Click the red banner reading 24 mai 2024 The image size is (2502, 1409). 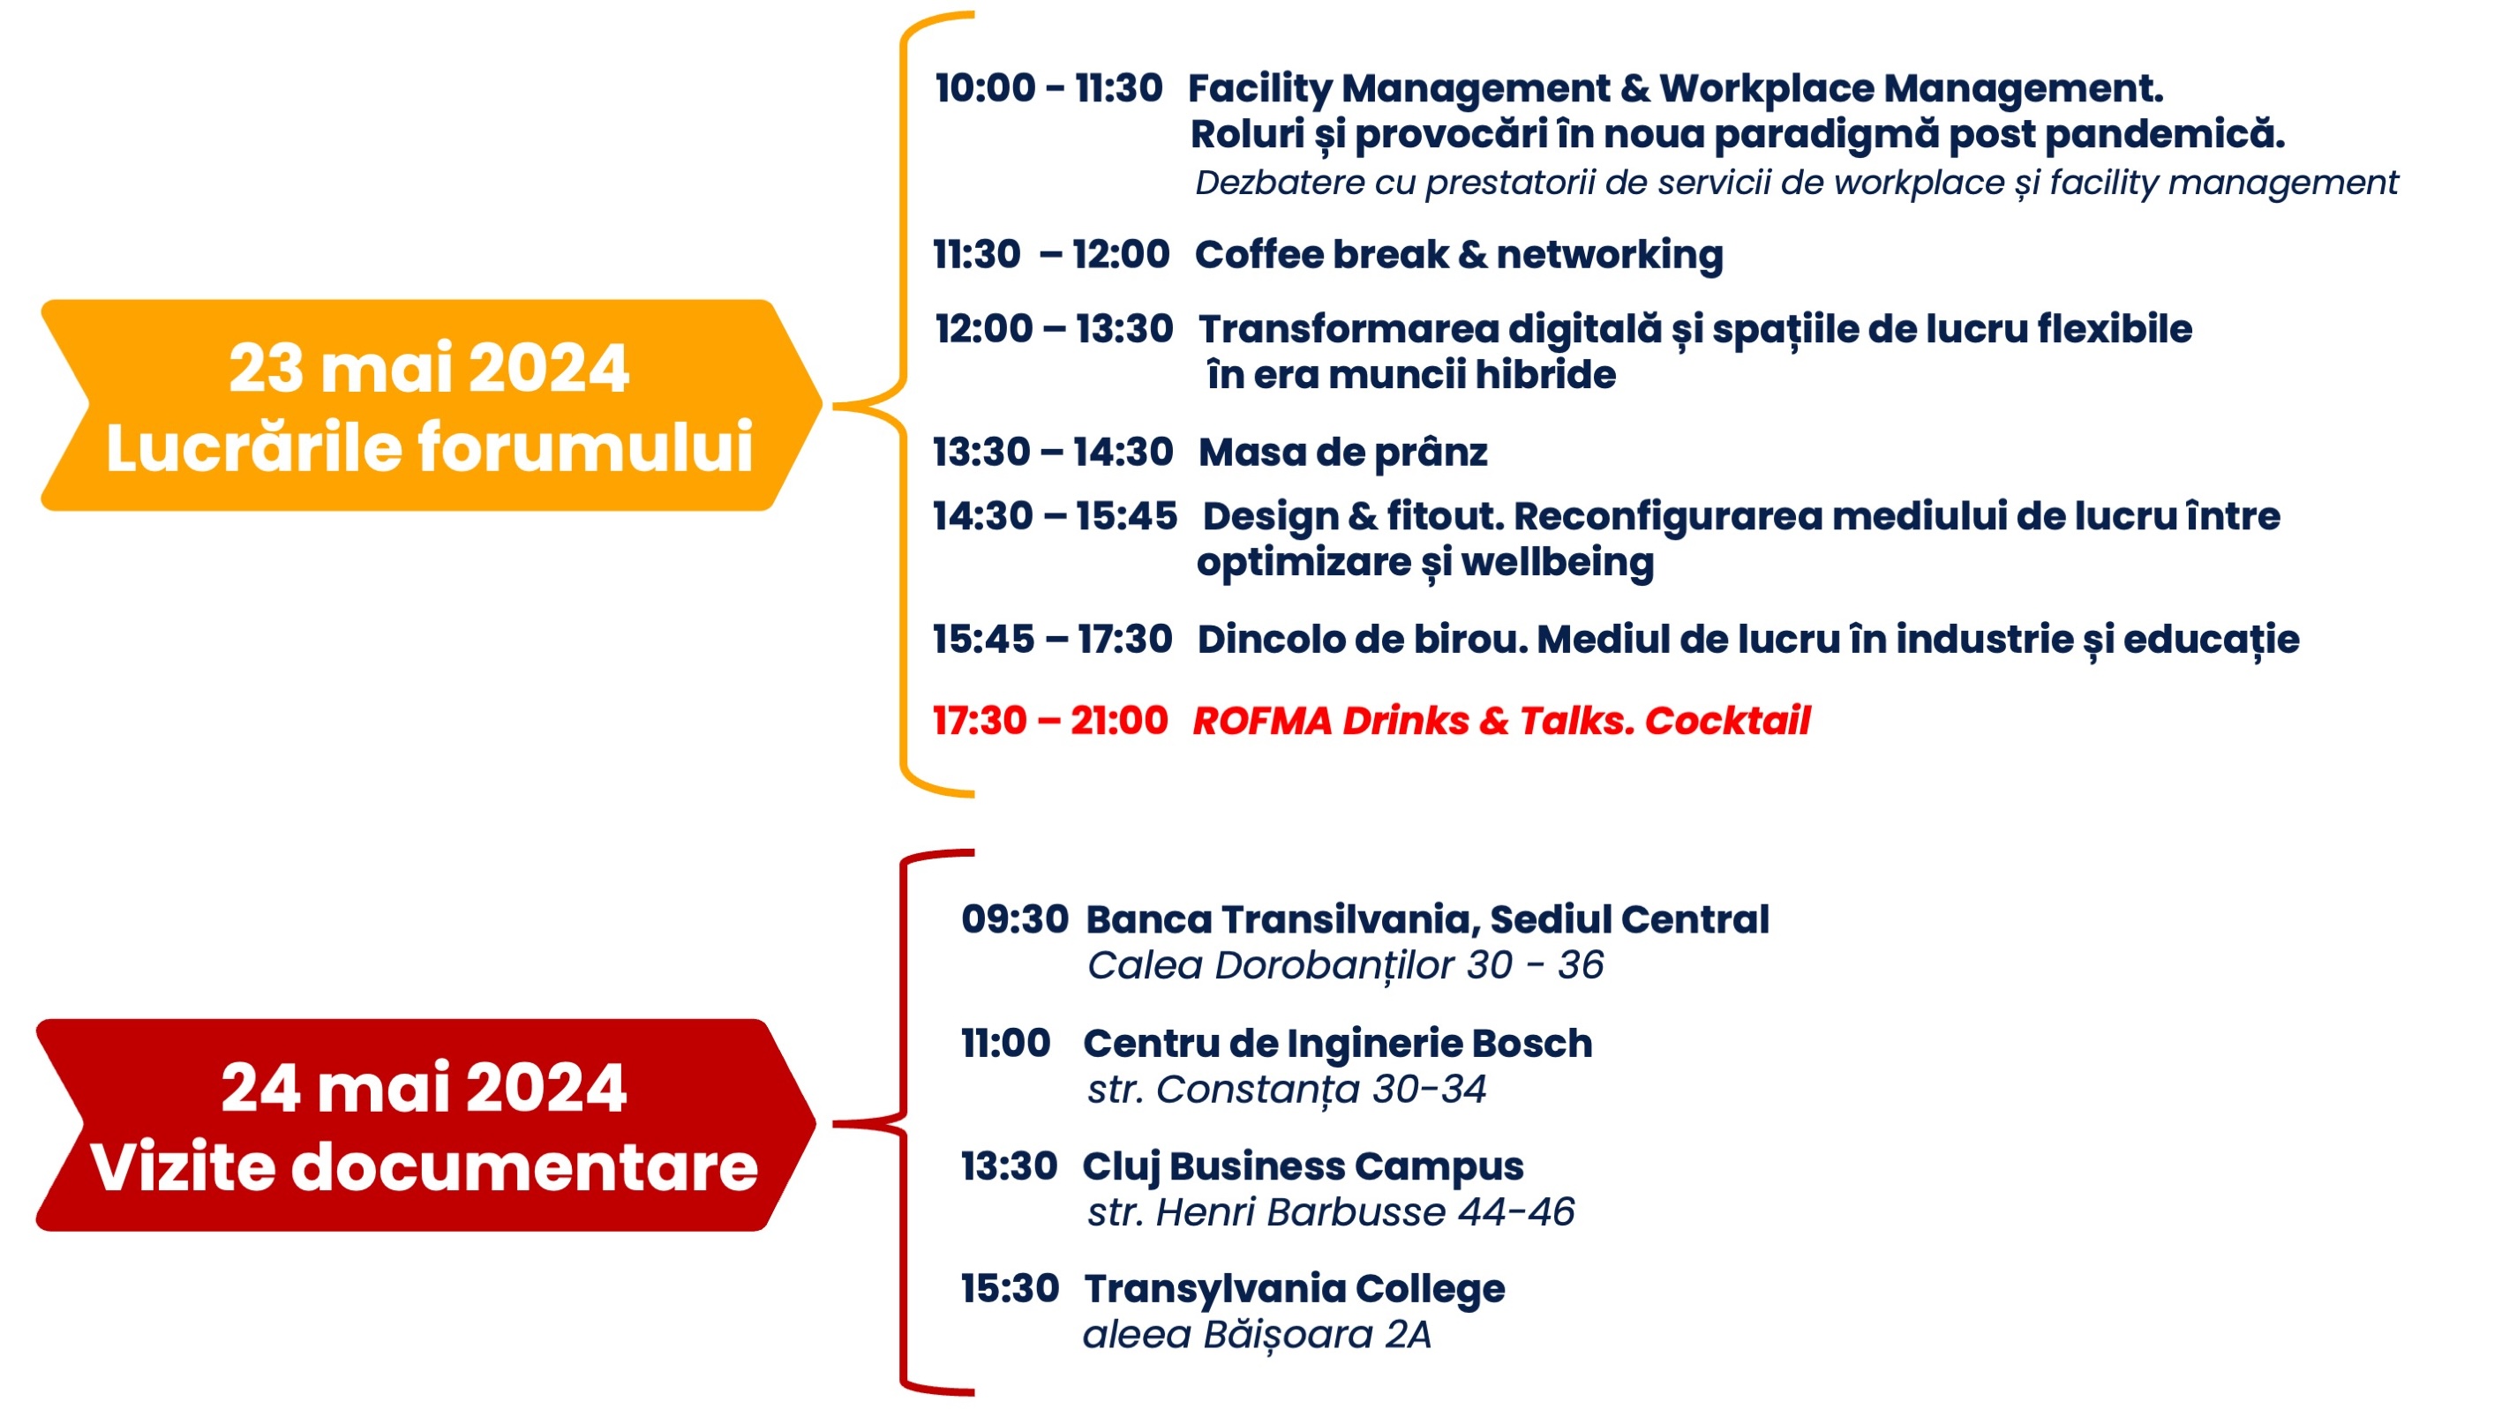[425, 1126]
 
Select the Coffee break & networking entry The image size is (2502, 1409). [1459, 255]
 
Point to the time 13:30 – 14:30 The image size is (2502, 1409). [1053, 453]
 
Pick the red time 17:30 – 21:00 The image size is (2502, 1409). [1050, 721]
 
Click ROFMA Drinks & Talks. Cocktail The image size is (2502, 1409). [1500, 721]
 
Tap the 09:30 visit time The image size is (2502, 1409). [1014, 918]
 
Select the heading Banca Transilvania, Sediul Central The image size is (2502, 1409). [1427, 919]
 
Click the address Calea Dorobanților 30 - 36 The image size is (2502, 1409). [1344, 965]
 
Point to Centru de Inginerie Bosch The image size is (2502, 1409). [1337, 1044]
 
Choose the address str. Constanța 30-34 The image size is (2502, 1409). [1286, 1090]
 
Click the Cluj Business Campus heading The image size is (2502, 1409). [1303, 1167]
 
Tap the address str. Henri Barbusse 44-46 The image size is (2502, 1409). [1331, 1212]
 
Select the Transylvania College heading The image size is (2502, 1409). [1294, 1290]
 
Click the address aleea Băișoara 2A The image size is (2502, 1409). [1257, 1335]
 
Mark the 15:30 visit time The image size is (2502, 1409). [1009, 1289]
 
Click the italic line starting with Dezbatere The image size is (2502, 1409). [1796, 184]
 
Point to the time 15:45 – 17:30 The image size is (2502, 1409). [1052, 639]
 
